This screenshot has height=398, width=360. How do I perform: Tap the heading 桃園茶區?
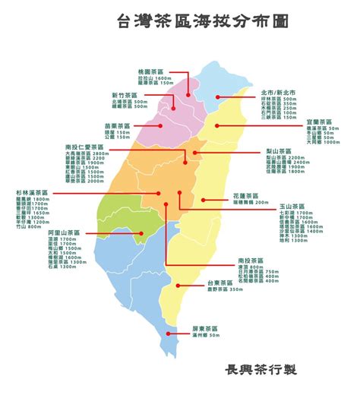[149, 70]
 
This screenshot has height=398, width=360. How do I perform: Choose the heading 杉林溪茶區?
[30, 194]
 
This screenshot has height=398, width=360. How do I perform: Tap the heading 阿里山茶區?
[43, 232]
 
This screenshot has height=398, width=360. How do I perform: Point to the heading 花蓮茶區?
[246, 196]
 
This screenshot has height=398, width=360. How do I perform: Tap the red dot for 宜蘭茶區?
[216, 125]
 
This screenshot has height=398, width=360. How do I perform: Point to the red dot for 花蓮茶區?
[204, 200]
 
